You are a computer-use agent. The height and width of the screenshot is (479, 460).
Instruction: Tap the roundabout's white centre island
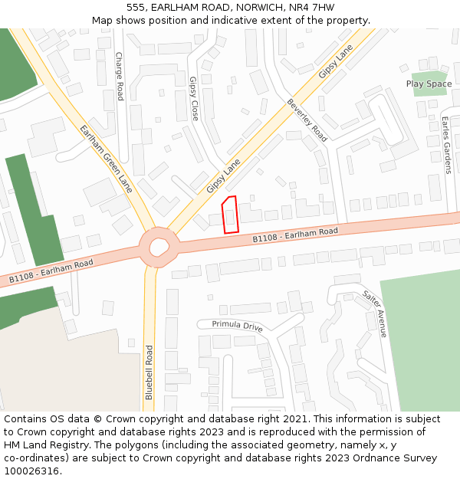(x=159, y=247)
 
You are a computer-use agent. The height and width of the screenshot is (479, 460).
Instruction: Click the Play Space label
(x=429, y=84)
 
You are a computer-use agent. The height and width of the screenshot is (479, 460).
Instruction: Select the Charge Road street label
(x=120, y=76)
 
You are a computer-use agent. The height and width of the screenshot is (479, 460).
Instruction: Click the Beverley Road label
(x=307, y=120)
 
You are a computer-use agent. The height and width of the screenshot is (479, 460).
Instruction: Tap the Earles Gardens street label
(x=445, y=145)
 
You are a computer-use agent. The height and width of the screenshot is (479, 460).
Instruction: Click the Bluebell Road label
(x=149, y=372)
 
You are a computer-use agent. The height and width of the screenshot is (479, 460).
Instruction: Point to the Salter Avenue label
(x=374, y=313)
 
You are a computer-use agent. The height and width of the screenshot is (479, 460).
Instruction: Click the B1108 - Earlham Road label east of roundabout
(x=295, y=235)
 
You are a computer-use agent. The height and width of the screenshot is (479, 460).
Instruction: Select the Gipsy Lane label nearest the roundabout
(x=223, y=176)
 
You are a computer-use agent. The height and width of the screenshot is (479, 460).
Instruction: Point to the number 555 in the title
(x=136, y=7)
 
